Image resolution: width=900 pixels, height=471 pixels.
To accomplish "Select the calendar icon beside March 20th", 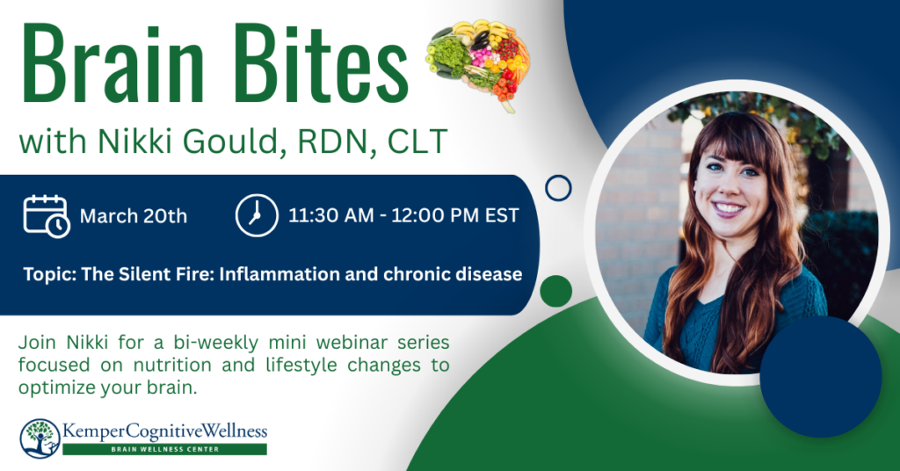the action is pos(47,215).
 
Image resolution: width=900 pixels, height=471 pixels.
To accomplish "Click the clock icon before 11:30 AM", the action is pos(257,215).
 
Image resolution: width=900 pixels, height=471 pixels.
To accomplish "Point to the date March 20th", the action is pos(134,216).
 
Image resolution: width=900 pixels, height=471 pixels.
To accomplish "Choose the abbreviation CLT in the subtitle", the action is pos(417,141).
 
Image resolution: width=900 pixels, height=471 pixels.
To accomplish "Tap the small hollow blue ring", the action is pos(558,188).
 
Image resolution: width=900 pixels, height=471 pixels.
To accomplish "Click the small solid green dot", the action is pos(556,291).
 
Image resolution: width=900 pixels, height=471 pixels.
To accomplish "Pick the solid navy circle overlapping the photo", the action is pos(821,376).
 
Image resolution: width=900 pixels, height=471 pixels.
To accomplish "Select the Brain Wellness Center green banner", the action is pos(164,449).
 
